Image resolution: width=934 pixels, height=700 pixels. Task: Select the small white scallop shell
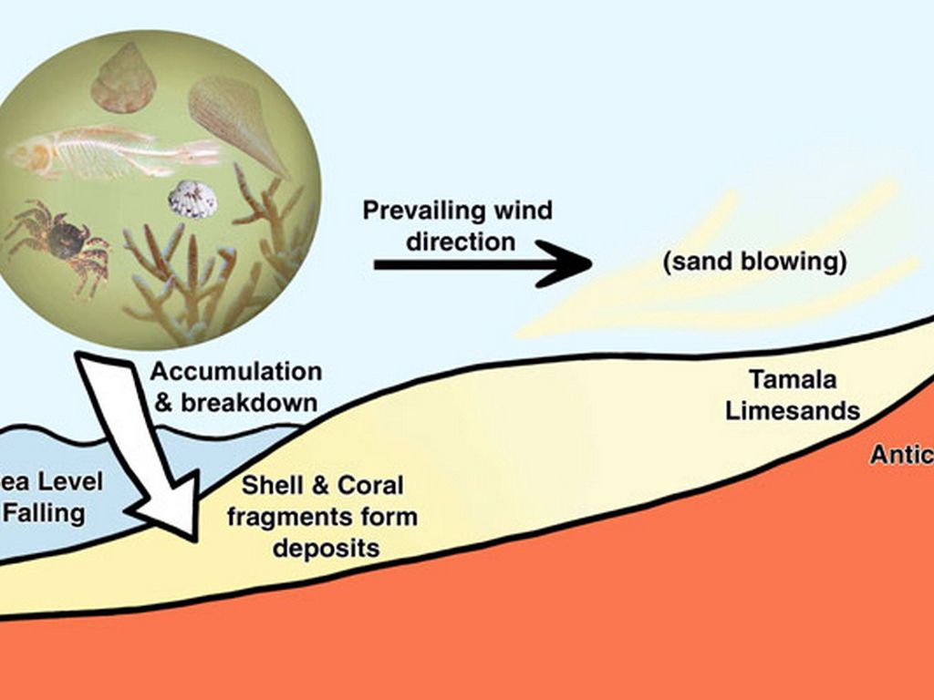pos(192,199)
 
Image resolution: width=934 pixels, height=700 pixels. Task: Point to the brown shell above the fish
pos(123,79)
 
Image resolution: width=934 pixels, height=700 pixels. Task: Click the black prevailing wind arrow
pos(483,264)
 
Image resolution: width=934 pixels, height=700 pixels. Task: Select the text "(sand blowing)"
pos(754,262)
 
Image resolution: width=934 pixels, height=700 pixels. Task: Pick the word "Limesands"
pos(792,410)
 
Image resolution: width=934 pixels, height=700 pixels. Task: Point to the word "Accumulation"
pos(235,372)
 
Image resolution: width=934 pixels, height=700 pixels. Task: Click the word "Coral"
pos(369,485)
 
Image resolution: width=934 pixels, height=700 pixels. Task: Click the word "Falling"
pos(44,512)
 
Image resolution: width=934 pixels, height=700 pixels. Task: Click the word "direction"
pos(461,242)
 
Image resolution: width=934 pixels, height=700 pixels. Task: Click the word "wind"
pos(524,211)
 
